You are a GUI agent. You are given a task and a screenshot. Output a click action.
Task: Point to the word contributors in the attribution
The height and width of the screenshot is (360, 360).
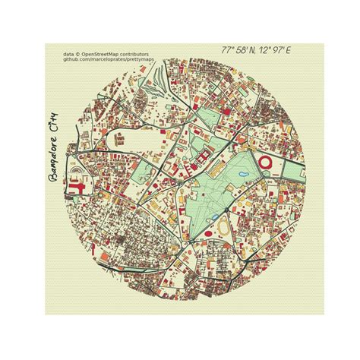[137, 55]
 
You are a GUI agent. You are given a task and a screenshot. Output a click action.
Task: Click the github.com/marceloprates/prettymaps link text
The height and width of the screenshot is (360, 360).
[106, 60]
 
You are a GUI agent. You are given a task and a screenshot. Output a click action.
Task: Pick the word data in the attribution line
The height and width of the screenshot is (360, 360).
[68, 55]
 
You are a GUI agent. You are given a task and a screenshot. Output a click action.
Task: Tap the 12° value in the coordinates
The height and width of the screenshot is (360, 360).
[267, 50]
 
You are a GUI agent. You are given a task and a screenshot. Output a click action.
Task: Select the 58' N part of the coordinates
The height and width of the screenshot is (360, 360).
[247, 50]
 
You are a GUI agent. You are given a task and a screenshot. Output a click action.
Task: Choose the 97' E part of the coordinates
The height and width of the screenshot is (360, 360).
[283, 50]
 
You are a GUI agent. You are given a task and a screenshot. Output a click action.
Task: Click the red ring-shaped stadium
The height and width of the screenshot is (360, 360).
[266, 162]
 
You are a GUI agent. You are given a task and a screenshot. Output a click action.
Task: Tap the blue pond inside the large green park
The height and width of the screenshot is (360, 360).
[242, 176]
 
